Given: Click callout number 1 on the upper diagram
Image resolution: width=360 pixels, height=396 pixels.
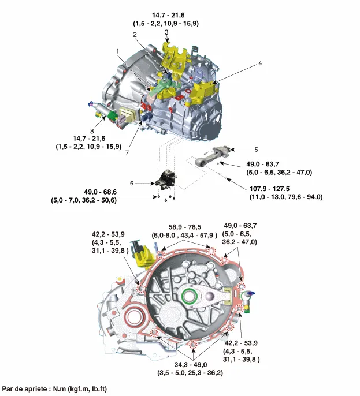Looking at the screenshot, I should [x=117, y=51].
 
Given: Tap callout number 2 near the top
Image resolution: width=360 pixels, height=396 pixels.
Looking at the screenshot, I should [x=134, y=35].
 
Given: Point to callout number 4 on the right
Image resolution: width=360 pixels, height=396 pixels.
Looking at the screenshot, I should [x=260, y=63].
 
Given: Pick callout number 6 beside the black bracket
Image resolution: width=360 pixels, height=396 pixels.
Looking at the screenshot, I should [x=132, y=183].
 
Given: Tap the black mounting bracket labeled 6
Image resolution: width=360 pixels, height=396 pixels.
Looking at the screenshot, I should [x=167, y=178].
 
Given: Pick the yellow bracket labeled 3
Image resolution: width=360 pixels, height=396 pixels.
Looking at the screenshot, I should [x=172, y=56].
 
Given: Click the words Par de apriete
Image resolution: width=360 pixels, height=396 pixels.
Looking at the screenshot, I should [x=24, y=390].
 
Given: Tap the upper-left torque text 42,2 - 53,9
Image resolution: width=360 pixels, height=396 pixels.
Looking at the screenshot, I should [x=108, y=235].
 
